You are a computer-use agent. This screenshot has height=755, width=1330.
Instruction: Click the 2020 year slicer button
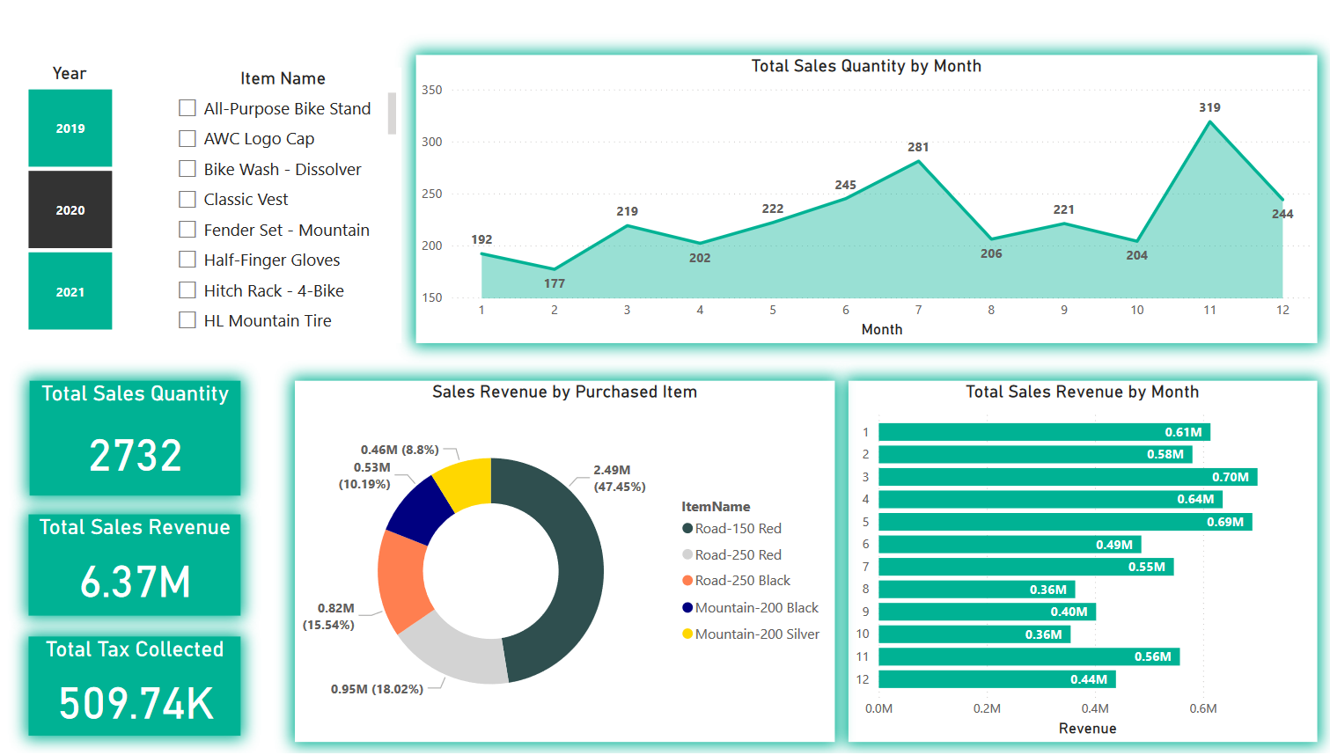pyautogui.click(x=70, y=210)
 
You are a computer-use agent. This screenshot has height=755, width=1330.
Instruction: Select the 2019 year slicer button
pyautogui.click(x=70, y=128)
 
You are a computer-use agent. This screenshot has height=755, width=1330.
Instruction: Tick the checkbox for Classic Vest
pyautogui.click(x=187, y=199)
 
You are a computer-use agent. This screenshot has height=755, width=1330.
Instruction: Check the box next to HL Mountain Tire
pyautogui.click(x=187, y=320)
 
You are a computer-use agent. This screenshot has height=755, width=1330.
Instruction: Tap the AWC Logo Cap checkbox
pyautogui.click(x=187, y=138)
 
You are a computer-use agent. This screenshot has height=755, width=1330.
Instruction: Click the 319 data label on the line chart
pyautogui.click(x=1209, y=107)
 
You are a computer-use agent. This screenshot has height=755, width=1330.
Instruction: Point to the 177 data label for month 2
pyautogui.click(x=555, y=283)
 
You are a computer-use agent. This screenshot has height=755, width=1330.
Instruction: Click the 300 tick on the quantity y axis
pyautogui.click(x=431, y=142)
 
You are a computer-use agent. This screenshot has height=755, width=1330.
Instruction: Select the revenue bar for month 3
pyautogui.click(x=1067, y=477)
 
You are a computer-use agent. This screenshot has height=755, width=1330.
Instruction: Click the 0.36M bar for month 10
pyautogui.click(x=974, y=634)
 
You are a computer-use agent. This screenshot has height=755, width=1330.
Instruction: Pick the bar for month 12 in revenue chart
pyautogui.click(x=996, y=679)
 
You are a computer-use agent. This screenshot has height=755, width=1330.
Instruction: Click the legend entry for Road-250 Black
pyautogui.click(x=742, y=581)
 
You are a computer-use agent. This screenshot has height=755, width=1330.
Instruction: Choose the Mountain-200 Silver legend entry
pyautogui.click(x=756, y=634)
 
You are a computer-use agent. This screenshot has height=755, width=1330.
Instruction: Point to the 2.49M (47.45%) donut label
pyautogui.click(x=619, y=478)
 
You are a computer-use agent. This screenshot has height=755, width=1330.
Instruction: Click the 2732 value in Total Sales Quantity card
pyautogui.click(x=136, y=456)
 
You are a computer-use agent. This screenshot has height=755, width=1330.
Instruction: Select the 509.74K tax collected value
pyautogui.click(x=136, y=704)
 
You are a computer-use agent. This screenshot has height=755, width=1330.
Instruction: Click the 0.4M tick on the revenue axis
pyautogui.click(x=1094, y=708)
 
